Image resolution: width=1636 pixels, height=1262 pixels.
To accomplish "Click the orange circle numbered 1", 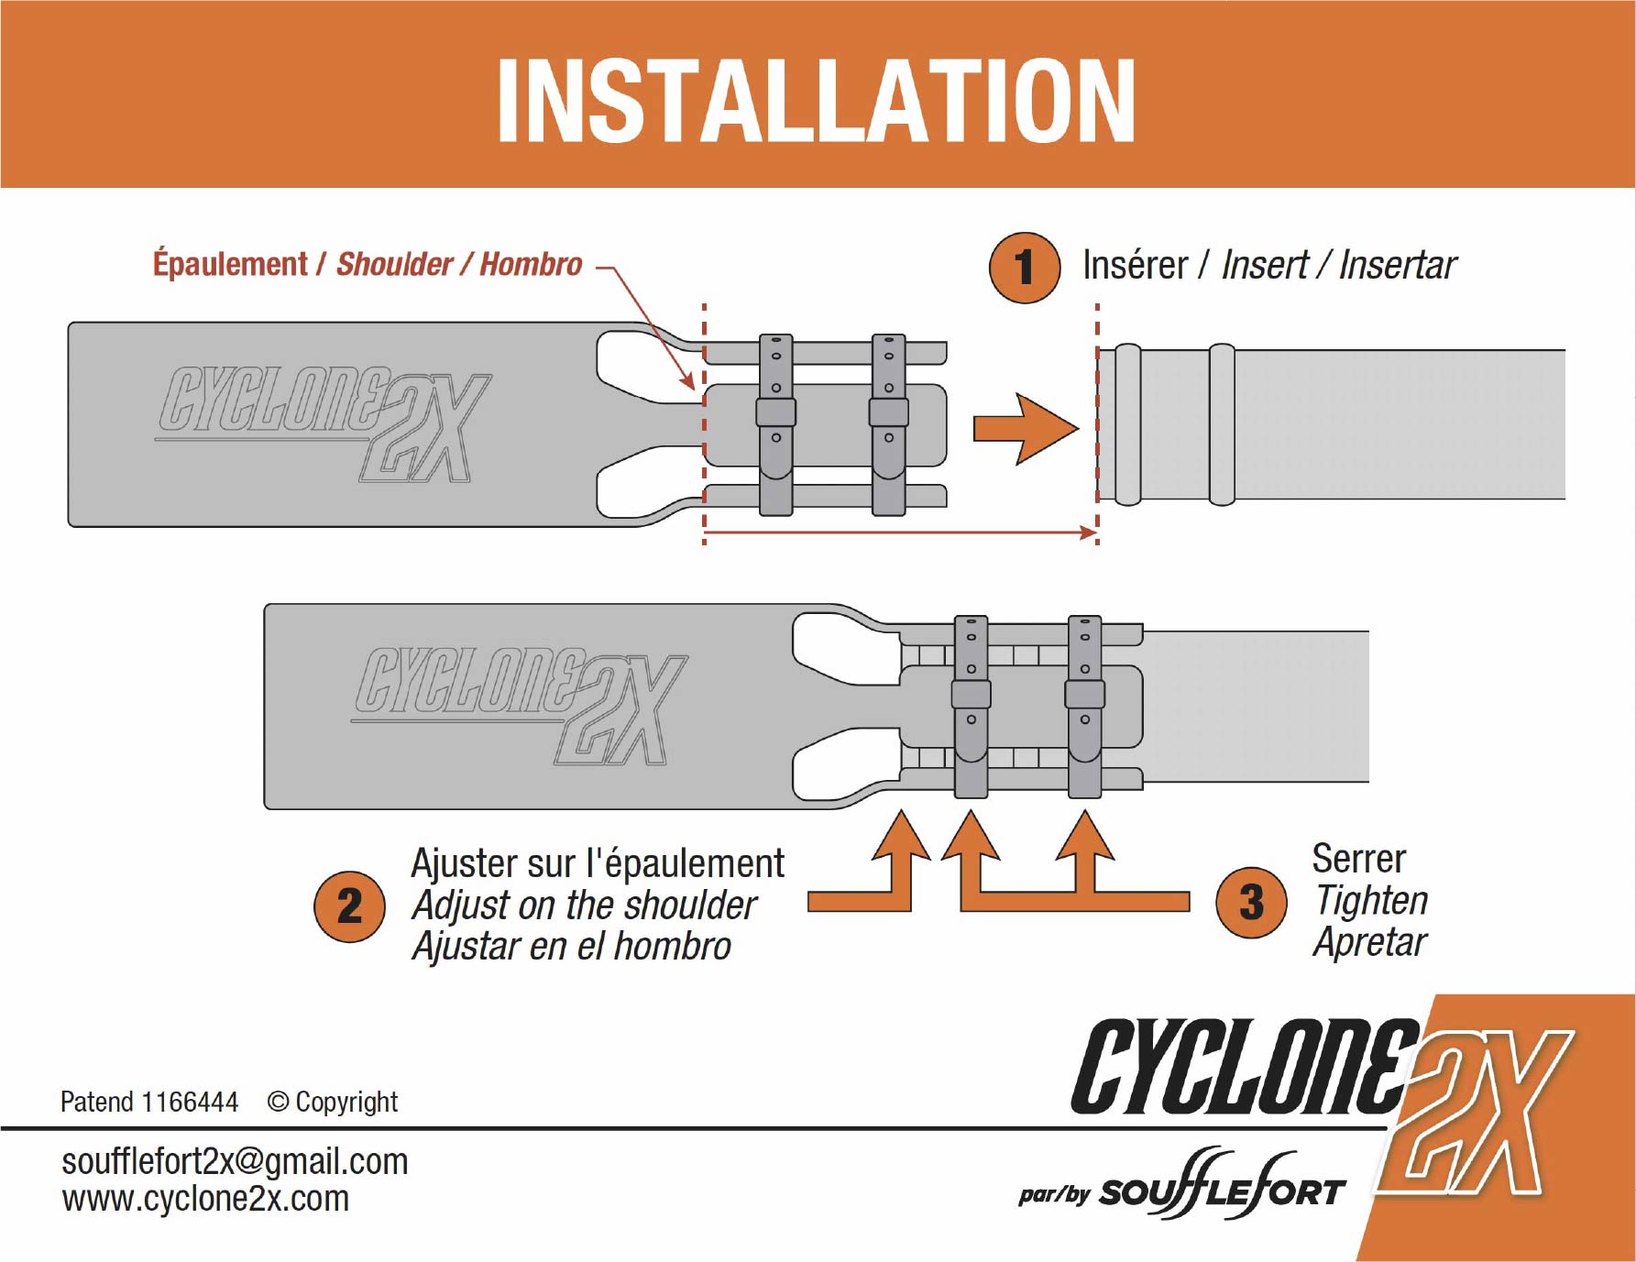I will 1025,268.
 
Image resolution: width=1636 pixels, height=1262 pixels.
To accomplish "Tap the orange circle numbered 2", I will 349,906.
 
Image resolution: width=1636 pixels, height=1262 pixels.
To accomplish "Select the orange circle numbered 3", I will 1251,903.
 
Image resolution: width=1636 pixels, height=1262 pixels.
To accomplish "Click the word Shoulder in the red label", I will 394,265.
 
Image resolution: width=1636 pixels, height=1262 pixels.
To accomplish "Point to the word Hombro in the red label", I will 531,265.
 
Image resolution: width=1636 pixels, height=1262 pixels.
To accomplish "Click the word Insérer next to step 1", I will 1135,266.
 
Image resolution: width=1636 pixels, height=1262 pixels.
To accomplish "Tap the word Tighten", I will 1371,901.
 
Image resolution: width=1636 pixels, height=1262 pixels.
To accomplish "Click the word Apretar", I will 1370,942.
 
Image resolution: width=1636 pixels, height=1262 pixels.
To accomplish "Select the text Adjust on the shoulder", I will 584,905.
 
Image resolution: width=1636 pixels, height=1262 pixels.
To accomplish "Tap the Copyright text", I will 346,1102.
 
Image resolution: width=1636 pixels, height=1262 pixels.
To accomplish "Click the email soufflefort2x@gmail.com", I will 235,1162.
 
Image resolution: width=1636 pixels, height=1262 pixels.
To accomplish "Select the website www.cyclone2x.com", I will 205,1199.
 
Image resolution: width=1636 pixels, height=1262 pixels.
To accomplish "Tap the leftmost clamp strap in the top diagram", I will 776,424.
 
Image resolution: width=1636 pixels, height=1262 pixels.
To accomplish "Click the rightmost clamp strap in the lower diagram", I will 1084,706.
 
